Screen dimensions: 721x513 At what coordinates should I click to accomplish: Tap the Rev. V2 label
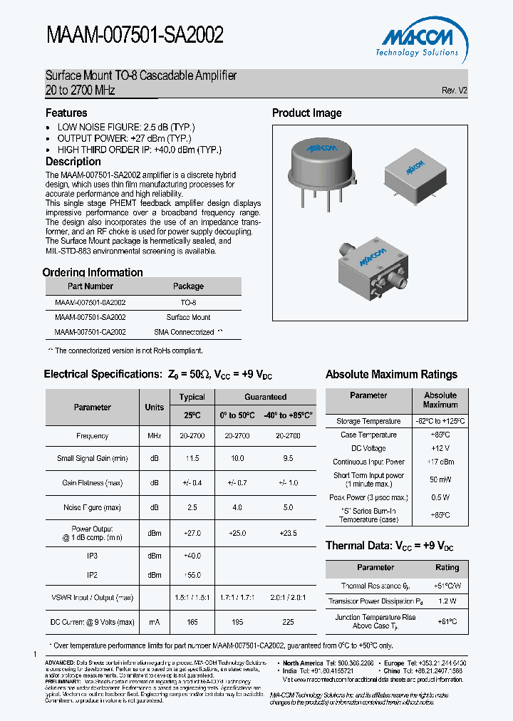(x=455, y=90)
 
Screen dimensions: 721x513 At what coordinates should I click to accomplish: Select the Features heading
(x=66, y=113)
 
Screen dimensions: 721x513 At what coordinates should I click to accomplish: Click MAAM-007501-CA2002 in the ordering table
(x=90, y=332)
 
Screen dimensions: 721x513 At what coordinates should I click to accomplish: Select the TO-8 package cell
(x=188, y=302)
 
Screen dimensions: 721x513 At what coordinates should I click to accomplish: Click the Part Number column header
(x=90, y=286)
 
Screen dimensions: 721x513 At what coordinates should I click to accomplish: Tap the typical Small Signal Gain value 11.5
(x=192, y=459)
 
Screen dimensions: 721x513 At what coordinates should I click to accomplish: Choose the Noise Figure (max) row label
(x=92, y=507)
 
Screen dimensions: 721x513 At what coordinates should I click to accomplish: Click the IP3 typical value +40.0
(x=192, y=556)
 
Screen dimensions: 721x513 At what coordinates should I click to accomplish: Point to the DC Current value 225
(x=288, y=622)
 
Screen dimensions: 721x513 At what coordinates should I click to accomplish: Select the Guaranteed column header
(x=266, y=398)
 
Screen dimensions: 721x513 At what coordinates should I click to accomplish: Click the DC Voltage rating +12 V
(x=440, y=448)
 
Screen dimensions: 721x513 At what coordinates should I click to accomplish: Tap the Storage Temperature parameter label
(x=368, y=421)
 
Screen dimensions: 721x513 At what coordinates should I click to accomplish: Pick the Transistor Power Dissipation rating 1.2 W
(x=447, y=601)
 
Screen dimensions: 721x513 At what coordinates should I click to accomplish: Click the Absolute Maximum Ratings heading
(x=391, y=375)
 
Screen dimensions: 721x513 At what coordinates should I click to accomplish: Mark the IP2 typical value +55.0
(x=192, y=575)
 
